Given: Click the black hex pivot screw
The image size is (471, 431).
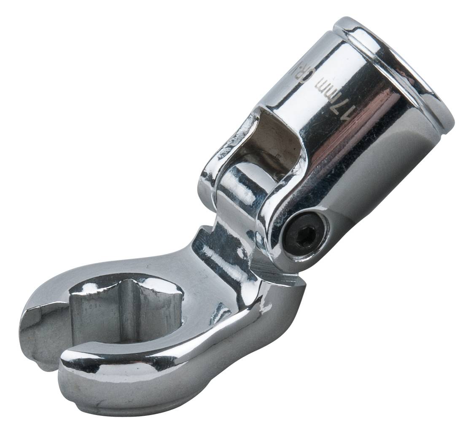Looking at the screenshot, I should click(304, 235).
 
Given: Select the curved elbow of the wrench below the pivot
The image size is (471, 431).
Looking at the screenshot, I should click(274, 312).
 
